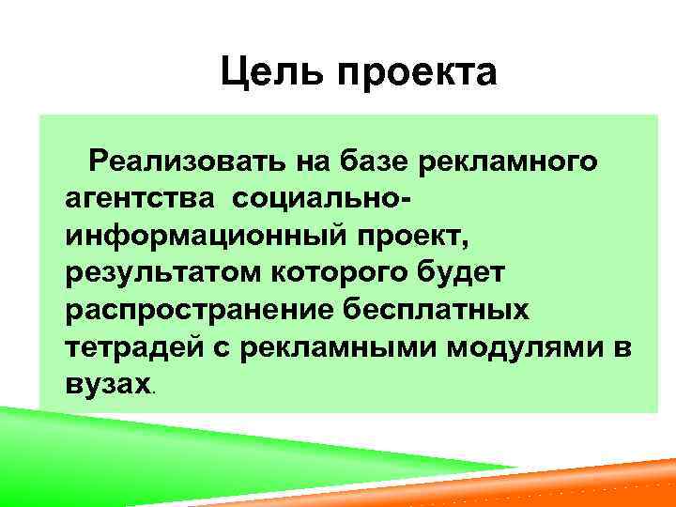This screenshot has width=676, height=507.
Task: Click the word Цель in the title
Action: [x=262, y=73]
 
